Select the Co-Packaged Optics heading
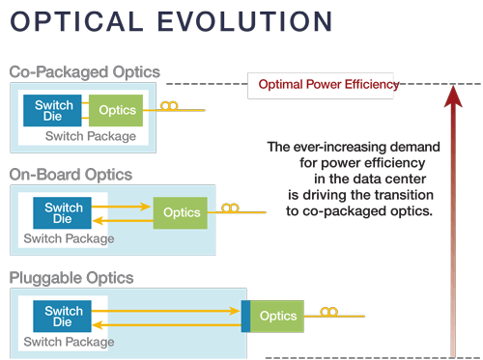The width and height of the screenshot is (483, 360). pos(84,72)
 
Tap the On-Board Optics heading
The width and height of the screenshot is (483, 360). pos(71,175)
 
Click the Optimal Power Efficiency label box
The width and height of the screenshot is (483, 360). pos(327,85)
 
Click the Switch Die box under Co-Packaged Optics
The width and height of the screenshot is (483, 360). pos(53,111)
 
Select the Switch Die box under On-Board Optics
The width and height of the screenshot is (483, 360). pos(64,213)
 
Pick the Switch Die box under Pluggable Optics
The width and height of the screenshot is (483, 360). pos(64,316)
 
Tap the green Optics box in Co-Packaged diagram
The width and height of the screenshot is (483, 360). pos(115,111)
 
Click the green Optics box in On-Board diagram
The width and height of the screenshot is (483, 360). pos(181,212)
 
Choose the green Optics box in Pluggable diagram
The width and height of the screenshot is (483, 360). pos(277,316)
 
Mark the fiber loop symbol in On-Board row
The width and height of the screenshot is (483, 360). pos(231,208)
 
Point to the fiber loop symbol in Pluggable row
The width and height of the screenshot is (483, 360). pos(329,311)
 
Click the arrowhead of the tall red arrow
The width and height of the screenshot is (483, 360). pos(451,94)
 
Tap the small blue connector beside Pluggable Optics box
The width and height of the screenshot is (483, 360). pos(245,317)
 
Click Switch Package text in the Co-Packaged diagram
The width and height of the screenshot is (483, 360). pos(83,137)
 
